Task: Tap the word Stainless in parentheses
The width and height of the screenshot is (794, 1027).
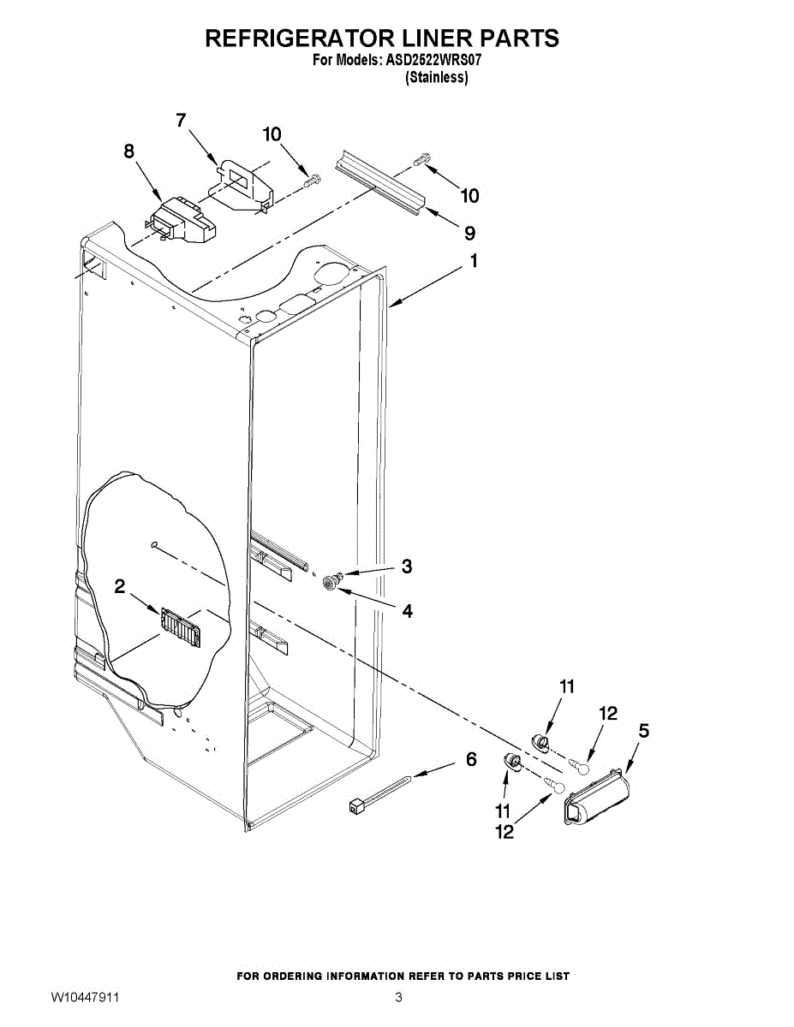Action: pos(436,77)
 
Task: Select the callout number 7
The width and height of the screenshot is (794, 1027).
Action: pos(181,121)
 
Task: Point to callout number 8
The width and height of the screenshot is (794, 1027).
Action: pos(129,151)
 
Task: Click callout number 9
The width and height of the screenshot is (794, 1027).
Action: pos(469,233)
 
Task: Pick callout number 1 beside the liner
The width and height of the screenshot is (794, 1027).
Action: pos(473,262)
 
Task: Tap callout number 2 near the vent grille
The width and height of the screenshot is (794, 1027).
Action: pos(120,586)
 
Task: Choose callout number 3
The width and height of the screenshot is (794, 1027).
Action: pos(407,566)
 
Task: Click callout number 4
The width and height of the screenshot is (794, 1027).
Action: pos(407,611)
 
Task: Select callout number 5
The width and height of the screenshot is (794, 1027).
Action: pos(643,731)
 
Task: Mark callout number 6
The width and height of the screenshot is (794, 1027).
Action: pos(471,759)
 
